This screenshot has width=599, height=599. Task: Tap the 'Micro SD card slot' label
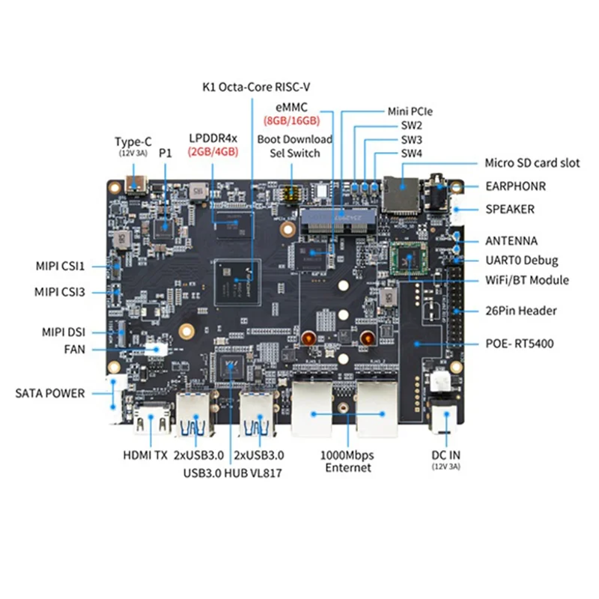tap(532, 162)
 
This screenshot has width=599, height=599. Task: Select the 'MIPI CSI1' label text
tap(61, 265)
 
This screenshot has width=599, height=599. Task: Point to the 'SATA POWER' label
tap(50, 392)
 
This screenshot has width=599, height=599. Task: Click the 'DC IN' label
tap(446, 454)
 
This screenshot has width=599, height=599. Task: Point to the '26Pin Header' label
tap(521, 311)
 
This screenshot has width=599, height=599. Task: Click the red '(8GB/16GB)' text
tap(291, 120)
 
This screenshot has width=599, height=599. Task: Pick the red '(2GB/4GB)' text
tap(213, 150)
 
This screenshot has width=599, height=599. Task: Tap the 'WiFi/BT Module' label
tap(527, 280)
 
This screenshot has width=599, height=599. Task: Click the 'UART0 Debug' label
tap(522, 261)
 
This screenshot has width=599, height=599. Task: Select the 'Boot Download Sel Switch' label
tap(294, 146)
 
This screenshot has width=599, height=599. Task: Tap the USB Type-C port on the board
tap(139, 184)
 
